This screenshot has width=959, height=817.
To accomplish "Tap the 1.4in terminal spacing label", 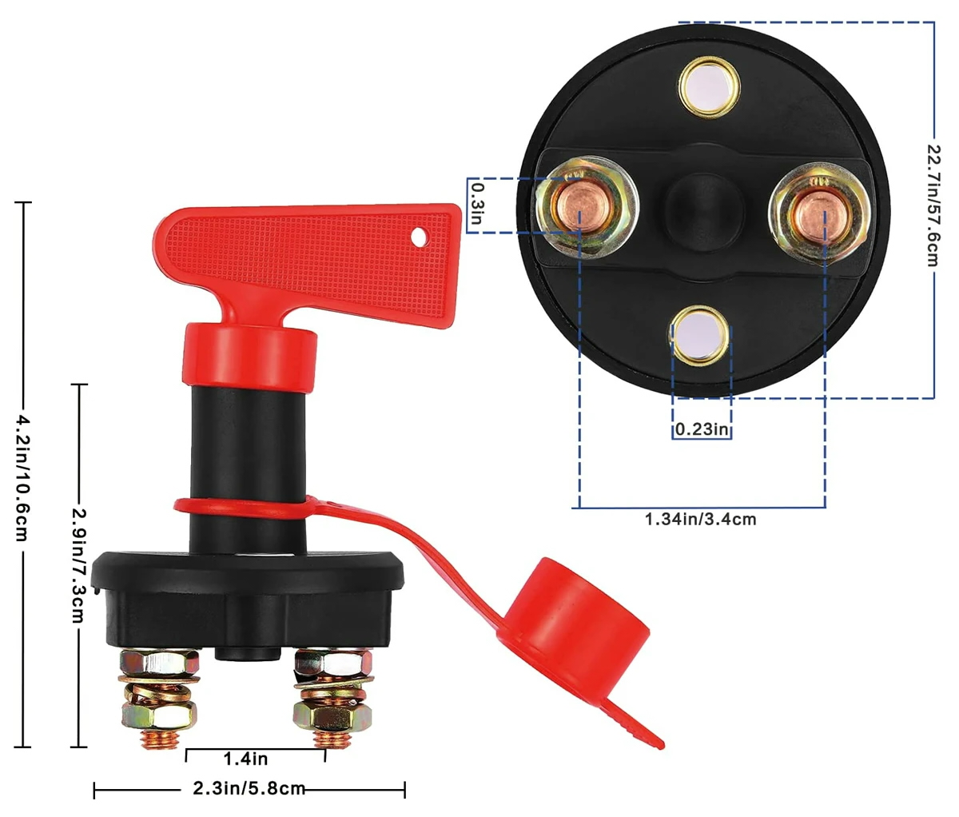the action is pos(245,759).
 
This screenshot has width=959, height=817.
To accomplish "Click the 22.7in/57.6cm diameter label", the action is pos(933,205).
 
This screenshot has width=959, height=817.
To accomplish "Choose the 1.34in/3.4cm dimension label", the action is pos(701,519).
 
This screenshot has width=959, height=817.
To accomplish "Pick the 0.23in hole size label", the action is pos(702,429).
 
